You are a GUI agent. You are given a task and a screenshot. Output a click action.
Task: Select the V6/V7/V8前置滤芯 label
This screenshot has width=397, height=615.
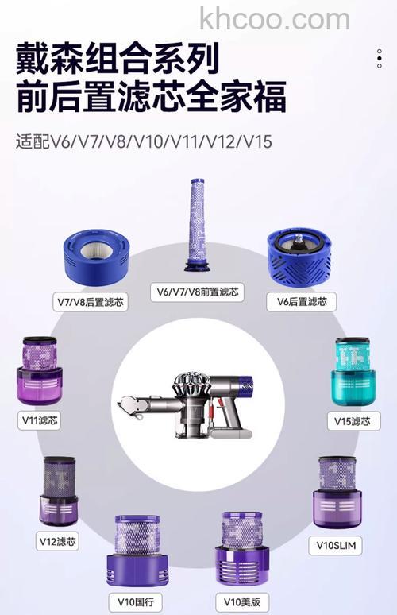[x=197, y=292]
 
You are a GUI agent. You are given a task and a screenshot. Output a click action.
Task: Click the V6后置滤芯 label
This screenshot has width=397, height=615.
[x=301, y=301]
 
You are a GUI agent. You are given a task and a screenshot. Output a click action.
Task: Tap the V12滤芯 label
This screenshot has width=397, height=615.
[x=57, y=541]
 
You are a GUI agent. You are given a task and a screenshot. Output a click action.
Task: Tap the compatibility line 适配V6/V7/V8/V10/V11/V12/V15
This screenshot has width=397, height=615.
[x=144, y=142]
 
